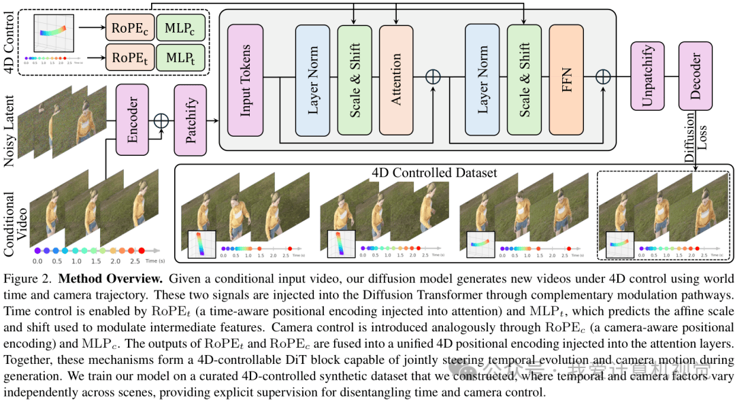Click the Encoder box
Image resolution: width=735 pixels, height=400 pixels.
click(x=133, y=121)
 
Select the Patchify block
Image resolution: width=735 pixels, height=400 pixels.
click(x=191, y=121)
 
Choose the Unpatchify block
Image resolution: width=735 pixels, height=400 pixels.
click(x=647, y=76)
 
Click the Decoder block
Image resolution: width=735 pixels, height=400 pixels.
click(x=696, y=76)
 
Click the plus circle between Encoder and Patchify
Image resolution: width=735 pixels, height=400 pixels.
click(x=161, y=120)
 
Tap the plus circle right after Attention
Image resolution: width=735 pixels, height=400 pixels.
click(x=433, y=77)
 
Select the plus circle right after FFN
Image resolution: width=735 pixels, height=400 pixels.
click(x=603, y=77)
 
